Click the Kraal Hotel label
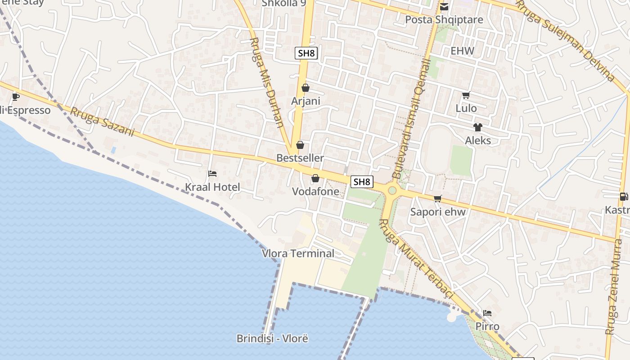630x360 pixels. pos(212,187)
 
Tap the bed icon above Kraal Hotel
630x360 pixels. pos(212,174)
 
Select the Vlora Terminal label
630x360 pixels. pos(298,253)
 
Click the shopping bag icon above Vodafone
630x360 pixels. pos(315,178)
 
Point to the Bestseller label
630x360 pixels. pos(300,158)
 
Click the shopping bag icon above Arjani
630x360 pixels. pos(306,88)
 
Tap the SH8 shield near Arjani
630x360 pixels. pos(306,53)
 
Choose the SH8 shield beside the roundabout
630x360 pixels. pos(362,182)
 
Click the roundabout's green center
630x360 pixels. pos(392,190)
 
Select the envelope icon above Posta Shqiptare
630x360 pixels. pos(444,7)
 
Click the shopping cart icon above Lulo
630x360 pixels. pos(466,95)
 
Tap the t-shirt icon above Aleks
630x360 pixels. pos(478,127)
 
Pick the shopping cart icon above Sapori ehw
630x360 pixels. pos(438,198)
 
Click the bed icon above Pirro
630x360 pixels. pos(487,313)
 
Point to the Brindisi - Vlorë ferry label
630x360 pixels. pos(272,338)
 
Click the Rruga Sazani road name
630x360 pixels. pos(102,121)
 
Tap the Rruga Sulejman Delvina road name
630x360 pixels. pos(565,40)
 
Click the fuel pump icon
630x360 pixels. pos(624,196)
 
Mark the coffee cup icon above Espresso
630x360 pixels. pos(15,96)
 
